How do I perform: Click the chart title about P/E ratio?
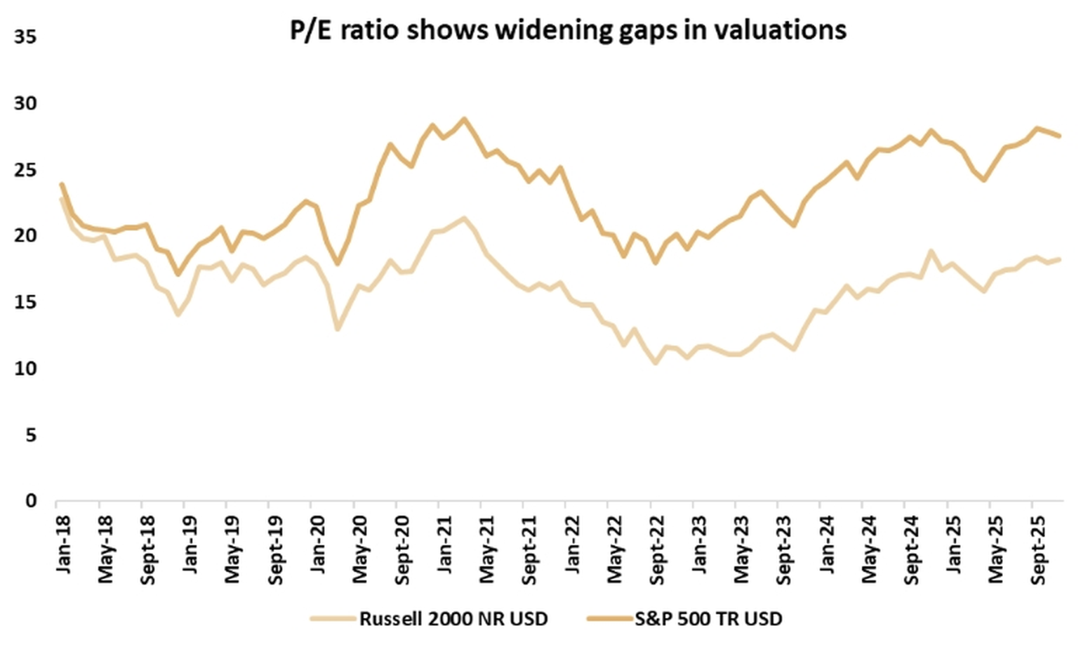click(568, 30)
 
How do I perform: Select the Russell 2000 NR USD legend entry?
click(453, 619)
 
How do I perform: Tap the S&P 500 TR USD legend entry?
click(708, 619)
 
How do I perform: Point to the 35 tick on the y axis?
click(25, 37)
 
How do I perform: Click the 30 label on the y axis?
click(25, 104)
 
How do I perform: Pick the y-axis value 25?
click(25, 171)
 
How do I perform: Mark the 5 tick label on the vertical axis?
click(30, 436)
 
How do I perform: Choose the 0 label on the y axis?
click(30, 502)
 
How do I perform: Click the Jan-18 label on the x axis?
click(64, 544)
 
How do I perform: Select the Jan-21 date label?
click(445, 544)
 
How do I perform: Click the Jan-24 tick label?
click(827, 544)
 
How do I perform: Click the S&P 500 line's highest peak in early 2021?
click(463, 119)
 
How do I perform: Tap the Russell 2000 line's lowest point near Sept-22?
click(656, 363)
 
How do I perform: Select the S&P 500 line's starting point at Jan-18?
click(62, 185)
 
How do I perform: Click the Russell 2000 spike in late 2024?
click(931, 251)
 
